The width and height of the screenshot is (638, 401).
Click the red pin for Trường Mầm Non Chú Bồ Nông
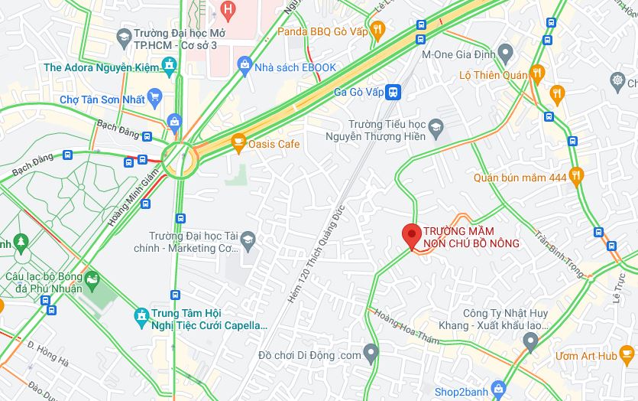[412, 234]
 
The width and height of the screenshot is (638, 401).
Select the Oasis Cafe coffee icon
[238, 142]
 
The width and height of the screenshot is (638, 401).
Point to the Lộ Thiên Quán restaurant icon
[537, 74]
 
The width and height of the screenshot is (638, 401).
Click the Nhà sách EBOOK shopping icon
[245, 66]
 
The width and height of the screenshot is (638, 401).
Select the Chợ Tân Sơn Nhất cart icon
[156, 97]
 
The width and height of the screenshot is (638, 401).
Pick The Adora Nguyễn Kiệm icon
[169, 67]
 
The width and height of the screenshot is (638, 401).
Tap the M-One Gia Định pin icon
[504, 54]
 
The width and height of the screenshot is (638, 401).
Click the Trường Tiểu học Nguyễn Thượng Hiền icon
[436, 127]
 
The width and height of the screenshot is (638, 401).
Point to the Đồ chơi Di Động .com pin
[371, 354]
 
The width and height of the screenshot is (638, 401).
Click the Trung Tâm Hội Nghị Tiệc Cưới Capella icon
[141, 315]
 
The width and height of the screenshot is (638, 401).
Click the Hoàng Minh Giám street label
[134, 198]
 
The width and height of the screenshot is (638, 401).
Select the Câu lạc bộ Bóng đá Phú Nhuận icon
[92, 280]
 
